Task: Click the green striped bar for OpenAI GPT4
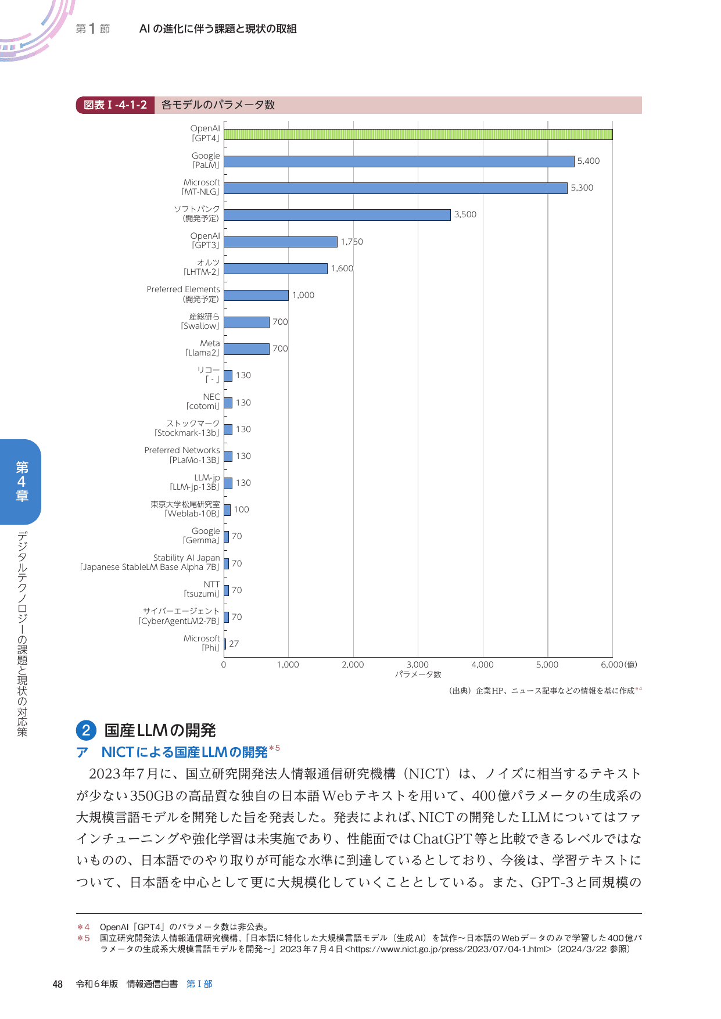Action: (x=418, y=134)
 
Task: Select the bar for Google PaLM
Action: (x=399, y=162)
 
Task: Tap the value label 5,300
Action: (x=582, y=188)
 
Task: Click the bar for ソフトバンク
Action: (x=337, y=215)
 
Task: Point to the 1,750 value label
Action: (x=351, y=242)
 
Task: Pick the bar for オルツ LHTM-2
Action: (x=275, y=268)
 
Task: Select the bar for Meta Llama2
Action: (x=246, y=349)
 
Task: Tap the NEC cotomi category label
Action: (x=203, y=401)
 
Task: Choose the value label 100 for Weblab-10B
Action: (x=241, y=509)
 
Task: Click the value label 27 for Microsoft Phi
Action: (x=234, y=644)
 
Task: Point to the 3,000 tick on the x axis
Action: (x=417, y=665)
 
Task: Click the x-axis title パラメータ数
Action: (x=418, y=674)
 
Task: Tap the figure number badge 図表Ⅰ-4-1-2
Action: (x=115, y=105)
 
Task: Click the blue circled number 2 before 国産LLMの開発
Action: (x=86, y=730)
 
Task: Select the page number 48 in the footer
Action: (x=58, y=984)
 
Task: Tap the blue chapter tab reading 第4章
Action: (x=21, y=482)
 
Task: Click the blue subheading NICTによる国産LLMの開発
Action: (x=184, y=752)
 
